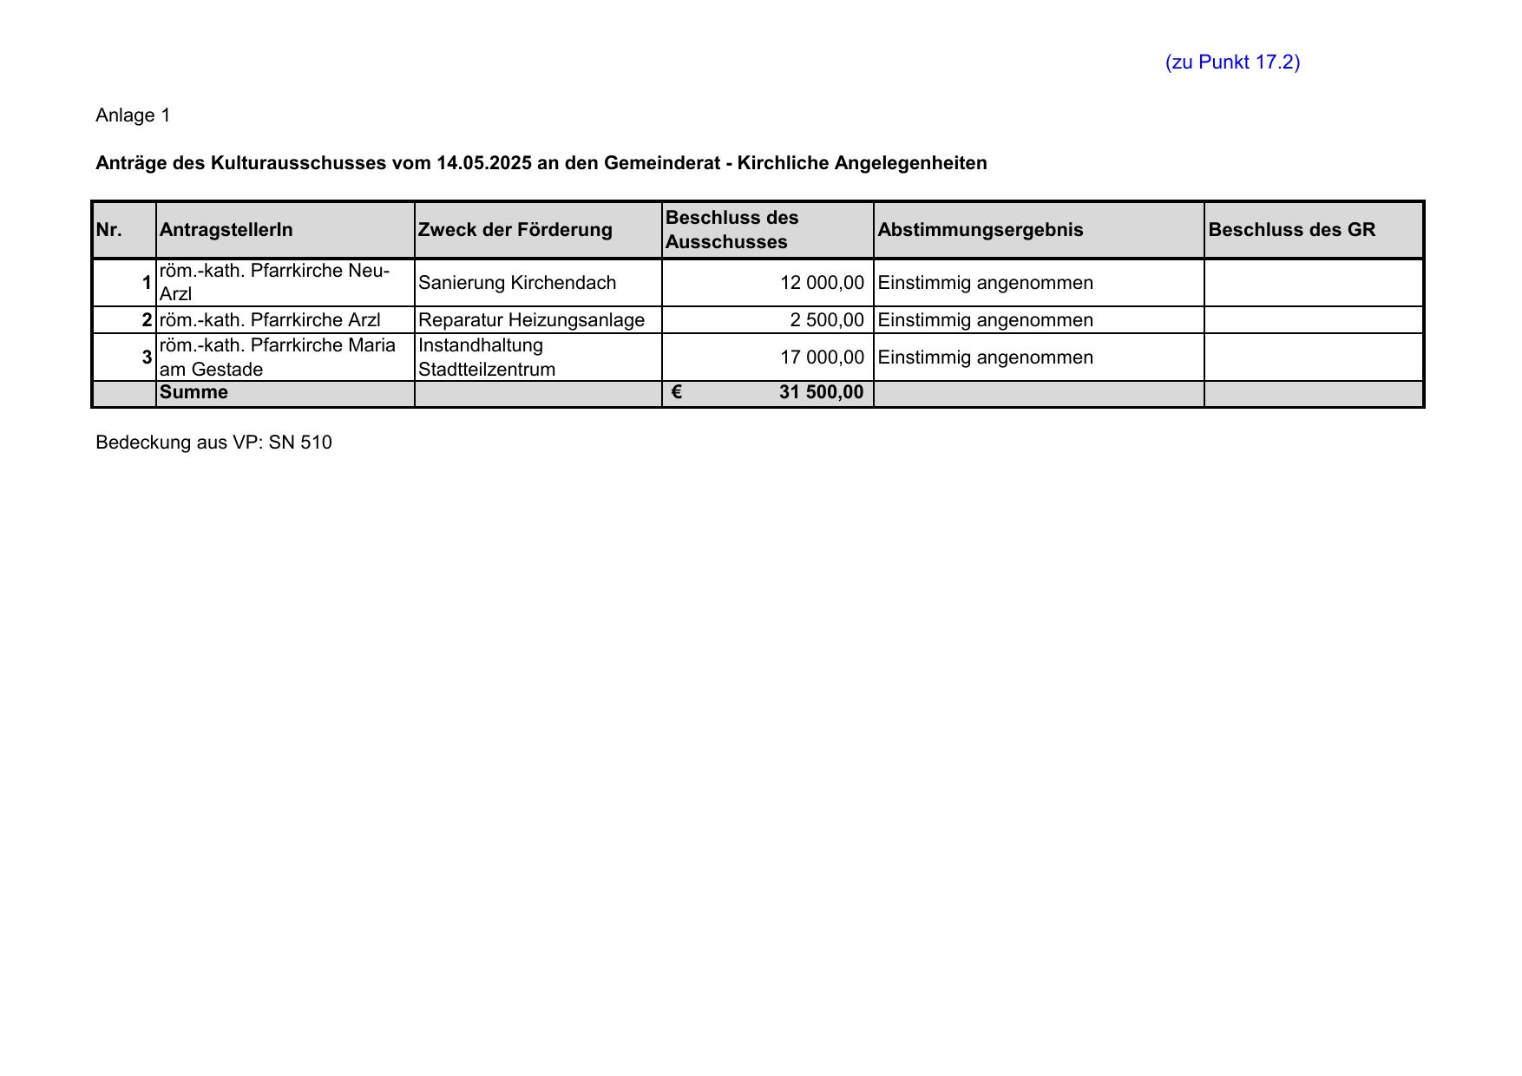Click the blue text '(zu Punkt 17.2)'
tap(1232, 62)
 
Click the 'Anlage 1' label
tap(133, 115)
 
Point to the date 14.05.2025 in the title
tap(484, 163)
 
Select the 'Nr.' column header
tap(109, 230)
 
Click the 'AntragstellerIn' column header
tap(226, 230)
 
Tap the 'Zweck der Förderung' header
tap(515, 230)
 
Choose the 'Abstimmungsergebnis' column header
tap(981, 230)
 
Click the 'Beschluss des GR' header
tap(1291, 230)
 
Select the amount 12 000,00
tap(822, 283)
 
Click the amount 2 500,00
tap(827, 320)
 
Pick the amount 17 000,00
tap(822, 358)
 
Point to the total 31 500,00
tap(821, 392)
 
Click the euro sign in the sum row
tap(677, 392)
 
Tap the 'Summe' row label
tap(194, 392)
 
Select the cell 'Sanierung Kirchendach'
tap(517, 283)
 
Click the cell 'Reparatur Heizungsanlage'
tap(531, 320)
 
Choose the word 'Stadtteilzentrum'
tap(487, 370)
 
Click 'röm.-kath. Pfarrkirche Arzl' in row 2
tap(270, 320)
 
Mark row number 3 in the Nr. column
tap(147, 358)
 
